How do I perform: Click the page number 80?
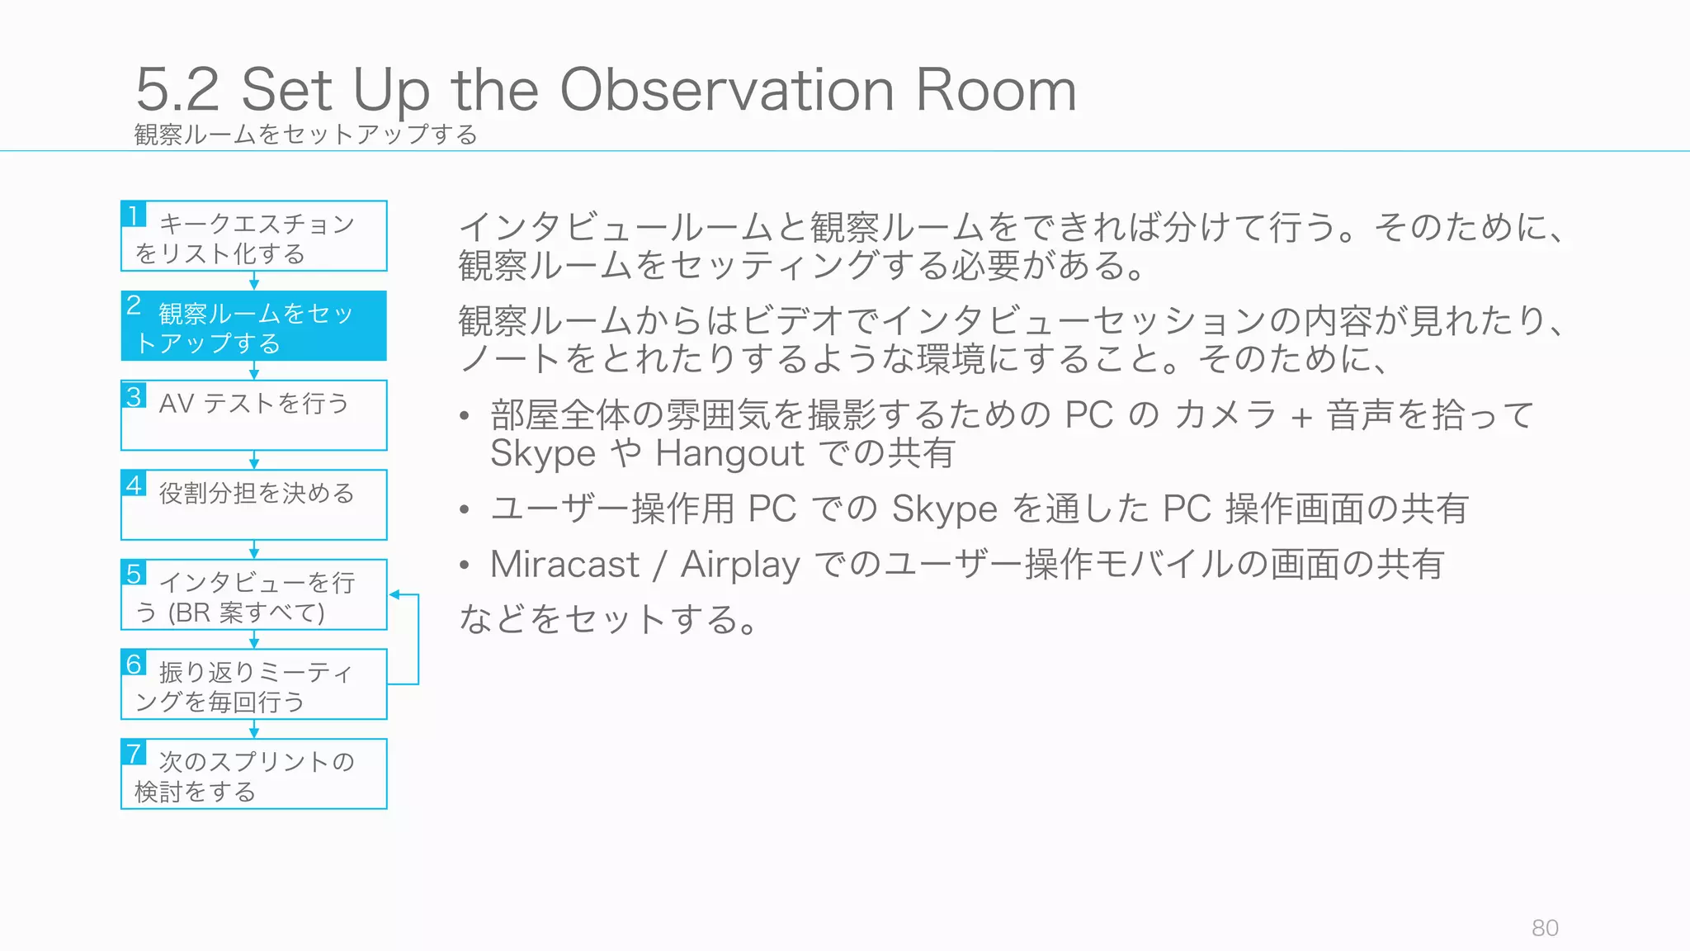pyautogui.click(x=1545, y=928)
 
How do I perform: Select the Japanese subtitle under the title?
pyautogui.click(x=305, y=135)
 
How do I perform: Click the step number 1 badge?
pyautogui.click(x=134, y=215)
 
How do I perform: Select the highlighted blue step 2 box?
pyautogui.click(x=253, y=326)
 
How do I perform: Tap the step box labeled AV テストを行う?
pyautogui.click(x=253, y=415)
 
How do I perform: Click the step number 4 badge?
pyautogui.click(x=134, y=484)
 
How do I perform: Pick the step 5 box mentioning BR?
pyautogui.click(x=253, y=595)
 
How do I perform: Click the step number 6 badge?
pyautogui.click(x=134, y=663)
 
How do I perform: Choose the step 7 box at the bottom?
pyautogui.click(x=253, y=774)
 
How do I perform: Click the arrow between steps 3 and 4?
pyautogui.click(x=254, y=461)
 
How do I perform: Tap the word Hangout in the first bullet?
pyautogui.click(x=729, y=453)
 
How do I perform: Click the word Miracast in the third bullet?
pyautogui.click(x=564, y=565)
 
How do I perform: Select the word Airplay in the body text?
pyautogui.click(x=740, y=565)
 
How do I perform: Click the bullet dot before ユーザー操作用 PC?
pyautogui.click(x=465, y=510)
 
